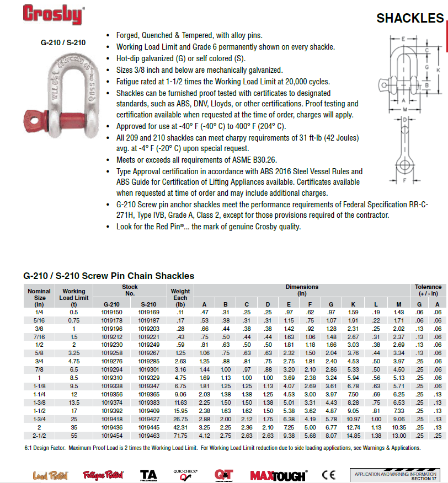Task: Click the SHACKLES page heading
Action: (409, 18)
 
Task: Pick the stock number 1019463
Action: (148, 435)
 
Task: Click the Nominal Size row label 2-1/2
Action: (39, 435)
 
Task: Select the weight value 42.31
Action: (180, 427)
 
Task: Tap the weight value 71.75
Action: (180, 435)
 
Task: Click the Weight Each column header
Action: (180, 298)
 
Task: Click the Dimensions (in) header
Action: (302, 291)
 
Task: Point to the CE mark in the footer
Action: (329, 474)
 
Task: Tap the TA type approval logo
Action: (148, 474)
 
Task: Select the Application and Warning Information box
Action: (396, 474)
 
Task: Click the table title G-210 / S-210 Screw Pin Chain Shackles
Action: (109, 276)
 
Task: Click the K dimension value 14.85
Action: (352, 435)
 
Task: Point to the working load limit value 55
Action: (74, 435)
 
